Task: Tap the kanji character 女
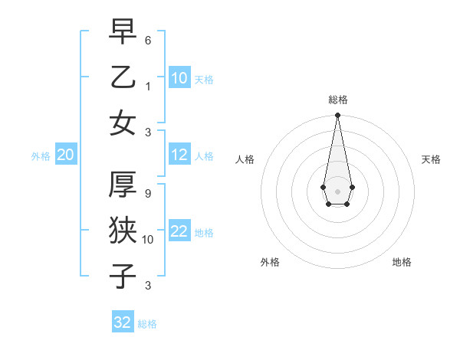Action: (x=123, y=123)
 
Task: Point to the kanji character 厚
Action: (x=123, y=184)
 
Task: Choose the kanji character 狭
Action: (x=123, y=229)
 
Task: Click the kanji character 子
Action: (x=123, y=276)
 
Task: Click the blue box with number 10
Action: (x=179, y=78)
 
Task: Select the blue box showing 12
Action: (x=179, y=155)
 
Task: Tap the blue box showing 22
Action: (x=179, y=231)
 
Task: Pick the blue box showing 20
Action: (x=65, y=155)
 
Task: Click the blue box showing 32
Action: (x=123, y=322)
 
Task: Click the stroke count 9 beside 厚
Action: (x=148, y=194)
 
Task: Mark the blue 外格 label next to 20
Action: (x=41, y=156)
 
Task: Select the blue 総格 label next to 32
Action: (x=147, y=324)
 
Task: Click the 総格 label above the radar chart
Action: (x=337, y=100)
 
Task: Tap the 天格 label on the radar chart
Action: (x=431, y=159)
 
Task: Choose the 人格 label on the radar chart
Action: (x=245, y=159)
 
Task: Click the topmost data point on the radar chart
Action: (x=337, y=116)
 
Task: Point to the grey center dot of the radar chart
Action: (x=337, y=191)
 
